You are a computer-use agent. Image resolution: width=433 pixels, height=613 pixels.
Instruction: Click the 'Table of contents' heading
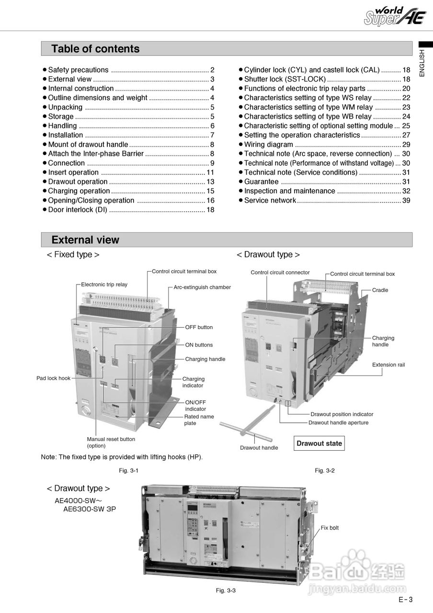click(95, 49)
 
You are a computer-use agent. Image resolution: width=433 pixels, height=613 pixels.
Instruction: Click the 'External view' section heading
click(85, 240)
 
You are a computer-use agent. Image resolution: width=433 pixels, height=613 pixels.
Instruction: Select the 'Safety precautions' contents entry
click(79, 70)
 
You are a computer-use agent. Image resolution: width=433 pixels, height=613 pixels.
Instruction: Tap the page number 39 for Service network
click(406, 200)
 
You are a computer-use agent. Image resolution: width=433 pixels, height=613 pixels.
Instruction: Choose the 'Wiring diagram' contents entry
click(269, 145)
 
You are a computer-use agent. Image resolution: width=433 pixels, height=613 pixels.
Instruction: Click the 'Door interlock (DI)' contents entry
click(78, 210)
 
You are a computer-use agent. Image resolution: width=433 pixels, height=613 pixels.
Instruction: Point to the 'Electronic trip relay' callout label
click(104, 284)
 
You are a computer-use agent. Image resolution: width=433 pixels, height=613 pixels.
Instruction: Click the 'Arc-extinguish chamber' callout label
click(202, 287)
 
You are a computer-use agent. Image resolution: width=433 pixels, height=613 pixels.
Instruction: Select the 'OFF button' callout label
click(199, 327)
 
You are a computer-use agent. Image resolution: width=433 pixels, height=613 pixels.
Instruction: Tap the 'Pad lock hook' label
click(53, 378)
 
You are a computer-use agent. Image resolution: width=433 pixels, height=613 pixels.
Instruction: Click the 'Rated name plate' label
click(199, 420)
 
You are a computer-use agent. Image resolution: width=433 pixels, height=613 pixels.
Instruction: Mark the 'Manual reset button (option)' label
click(111, 442)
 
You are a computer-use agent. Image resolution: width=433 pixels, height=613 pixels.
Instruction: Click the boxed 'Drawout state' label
click(319, 443)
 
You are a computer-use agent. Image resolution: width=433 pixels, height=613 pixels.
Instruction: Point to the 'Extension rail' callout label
click(388, 365)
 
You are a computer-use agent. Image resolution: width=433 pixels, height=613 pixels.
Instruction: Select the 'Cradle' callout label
click(380, 290)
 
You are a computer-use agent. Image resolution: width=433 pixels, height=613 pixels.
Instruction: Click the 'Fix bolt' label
click(330, 528)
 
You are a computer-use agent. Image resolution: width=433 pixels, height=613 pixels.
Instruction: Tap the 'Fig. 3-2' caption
click(324, 471)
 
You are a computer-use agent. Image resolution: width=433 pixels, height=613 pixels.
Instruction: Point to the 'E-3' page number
click(405, 600)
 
